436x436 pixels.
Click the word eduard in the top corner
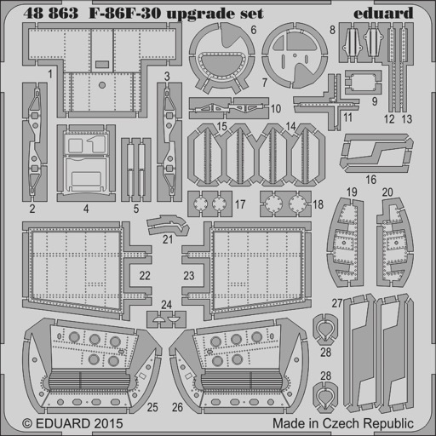(383, 14)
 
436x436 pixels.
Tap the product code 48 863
(51, 14)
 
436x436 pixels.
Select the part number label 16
(371, 180)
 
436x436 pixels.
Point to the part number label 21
(168, 239)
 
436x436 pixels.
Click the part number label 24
(166, 305)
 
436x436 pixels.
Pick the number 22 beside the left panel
(145, 276)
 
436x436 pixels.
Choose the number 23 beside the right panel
(189, 276)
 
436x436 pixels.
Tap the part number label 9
(375, 101)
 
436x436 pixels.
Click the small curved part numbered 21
(169, 225)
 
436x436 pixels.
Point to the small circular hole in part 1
(102, 85)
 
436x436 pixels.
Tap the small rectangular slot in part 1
(102, 65)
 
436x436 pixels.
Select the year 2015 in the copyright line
(107, 423)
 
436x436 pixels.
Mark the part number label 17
(240, 204)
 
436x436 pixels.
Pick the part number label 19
(352, 192)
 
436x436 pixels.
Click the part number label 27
(337, 303)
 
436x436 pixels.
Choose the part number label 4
(86, 209)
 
